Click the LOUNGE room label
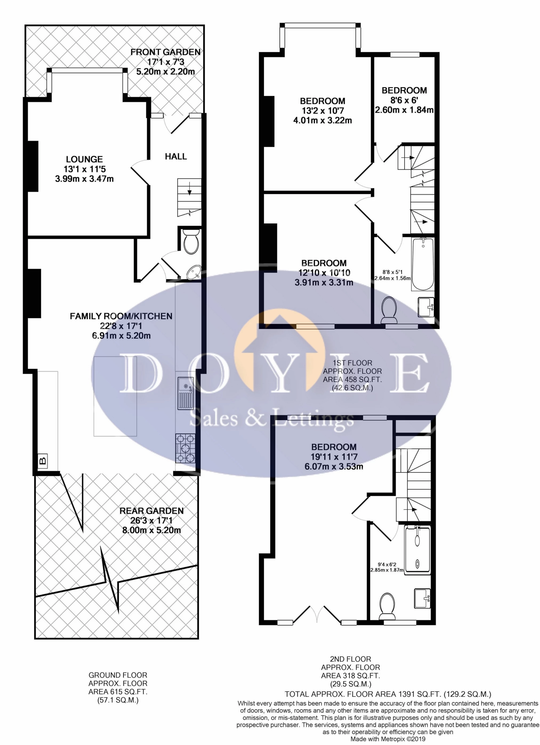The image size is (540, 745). pyautogui.click(x=85, y=159)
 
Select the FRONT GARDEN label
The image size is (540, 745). pyautogui.click(x=165, y=52)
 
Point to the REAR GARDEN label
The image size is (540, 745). pyautogui.click(x=151, y=511)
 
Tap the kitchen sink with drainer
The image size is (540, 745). pyautogui.click(x=186, y=393)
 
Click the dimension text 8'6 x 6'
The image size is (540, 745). pyautogui.click(x=404, y=100)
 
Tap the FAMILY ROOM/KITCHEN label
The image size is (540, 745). pyautogui.click(x=121, y=316)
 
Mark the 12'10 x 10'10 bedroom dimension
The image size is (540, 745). pyautogui.click(x=324, y=273)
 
